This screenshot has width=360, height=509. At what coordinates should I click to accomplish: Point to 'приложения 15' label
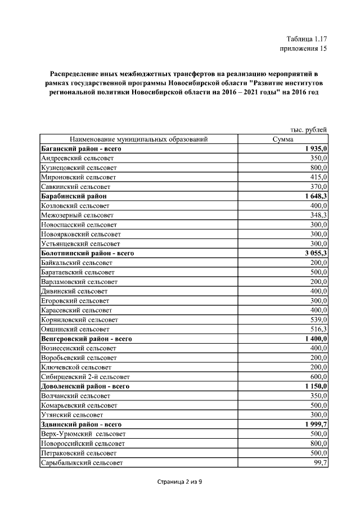point(303,49)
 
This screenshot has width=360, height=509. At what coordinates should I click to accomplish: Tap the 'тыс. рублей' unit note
point(308,130)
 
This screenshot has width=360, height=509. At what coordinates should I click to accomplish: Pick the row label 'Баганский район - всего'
point(82,149)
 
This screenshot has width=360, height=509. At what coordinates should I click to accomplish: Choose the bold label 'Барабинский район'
point(74,196)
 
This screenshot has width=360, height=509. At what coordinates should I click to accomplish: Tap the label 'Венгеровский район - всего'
point(87,339)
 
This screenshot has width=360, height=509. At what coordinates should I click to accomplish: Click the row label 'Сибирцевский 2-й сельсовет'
point(85,376)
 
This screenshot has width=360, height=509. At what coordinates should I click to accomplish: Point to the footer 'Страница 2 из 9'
point(179,482)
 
